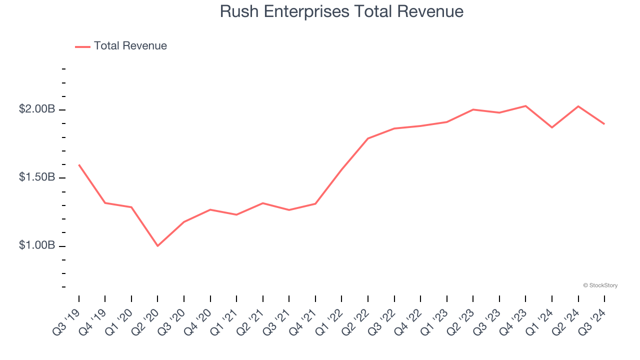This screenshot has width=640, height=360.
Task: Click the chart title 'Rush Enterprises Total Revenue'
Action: [x=341, y=11]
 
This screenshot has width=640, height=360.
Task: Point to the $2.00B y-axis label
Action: [x=37, y=109]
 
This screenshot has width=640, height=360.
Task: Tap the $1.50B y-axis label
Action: [x=37, y=177]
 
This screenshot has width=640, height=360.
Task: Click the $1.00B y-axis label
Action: [x=37, y=245]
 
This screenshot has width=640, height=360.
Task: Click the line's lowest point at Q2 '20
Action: [x=157, y=246]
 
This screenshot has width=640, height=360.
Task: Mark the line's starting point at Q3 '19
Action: [x=79, y=164]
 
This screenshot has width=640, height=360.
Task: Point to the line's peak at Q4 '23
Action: [x=525, y=106]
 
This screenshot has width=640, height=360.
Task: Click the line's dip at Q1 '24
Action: [x=552, y=127]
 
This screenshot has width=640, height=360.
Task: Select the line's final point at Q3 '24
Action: [x=604, y=123]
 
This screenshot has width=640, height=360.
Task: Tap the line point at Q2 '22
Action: [x=368, y=138]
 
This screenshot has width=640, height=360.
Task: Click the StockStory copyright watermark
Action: [x=600, y=285]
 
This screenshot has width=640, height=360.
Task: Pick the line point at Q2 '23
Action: [x=473, y=109]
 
